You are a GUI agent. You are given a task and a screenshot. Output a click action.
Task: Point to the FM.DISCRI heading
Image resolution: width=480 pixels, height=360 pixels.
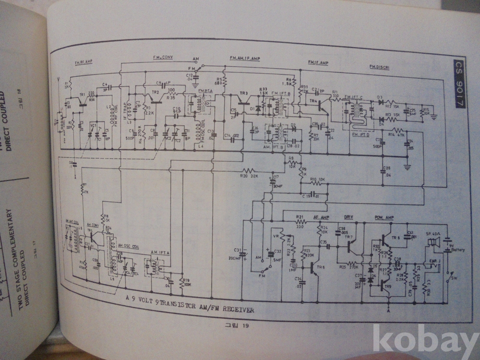(379, 68)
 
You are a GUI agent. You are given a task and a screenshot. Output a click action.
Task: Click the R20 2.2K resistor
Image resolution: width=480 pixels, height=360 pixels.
(250, 170)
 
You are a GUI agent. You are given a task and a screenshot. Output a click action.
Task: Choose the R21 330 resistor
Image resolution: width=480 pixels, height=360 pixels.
(301, 222)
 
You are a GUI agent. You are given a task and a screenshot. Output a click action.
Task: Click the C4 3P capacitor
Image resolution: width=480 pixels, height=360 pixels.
(109, 87)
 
